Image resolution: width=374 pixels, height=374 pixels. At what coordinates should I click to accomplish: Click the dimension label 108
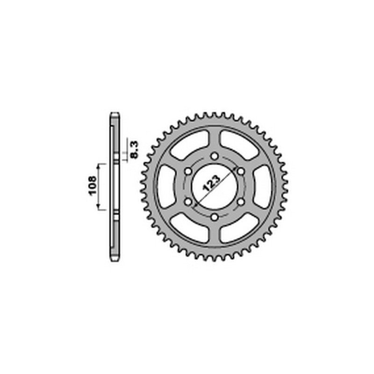[x=93, y=186]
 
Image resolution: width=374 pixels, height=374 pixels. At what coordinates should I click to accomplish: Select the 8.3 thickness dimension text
[x=135, y=150]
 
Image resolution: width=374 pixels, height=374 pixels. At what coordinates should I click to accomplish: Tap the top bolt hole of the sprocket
[x=215, y=157]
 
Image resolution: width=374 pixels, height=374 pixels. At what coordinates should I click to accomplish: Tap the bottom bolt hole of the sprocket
[x=215, y=217]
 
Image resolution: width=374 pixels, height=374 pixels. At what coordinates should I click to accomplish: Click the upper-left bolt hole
[x=188, y=172]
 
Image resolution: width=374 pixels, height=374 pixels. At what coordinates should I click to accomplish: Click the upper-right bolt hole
[x=241, y=172]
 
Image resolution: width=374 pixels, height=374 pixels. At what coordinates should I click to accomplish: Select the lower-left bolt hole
[x=188, y=202]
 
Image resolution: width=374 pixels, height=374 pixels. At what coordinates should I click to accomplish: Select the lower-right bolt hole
[x=241, y=202]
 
